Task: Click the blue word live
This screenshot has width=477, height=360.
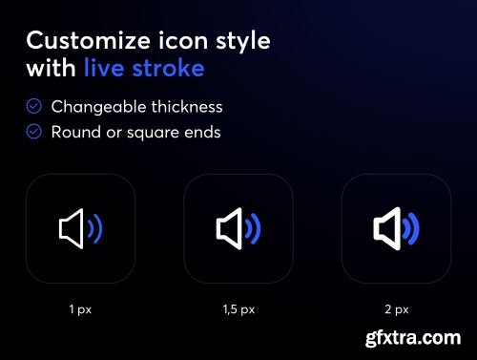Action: [x=103, y=68]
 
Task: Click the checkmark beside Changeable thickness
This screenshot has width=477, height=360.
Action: [x=34, y=107]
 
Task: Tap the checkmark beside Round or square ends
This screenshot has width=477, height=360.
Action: [x=34, y=132]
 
